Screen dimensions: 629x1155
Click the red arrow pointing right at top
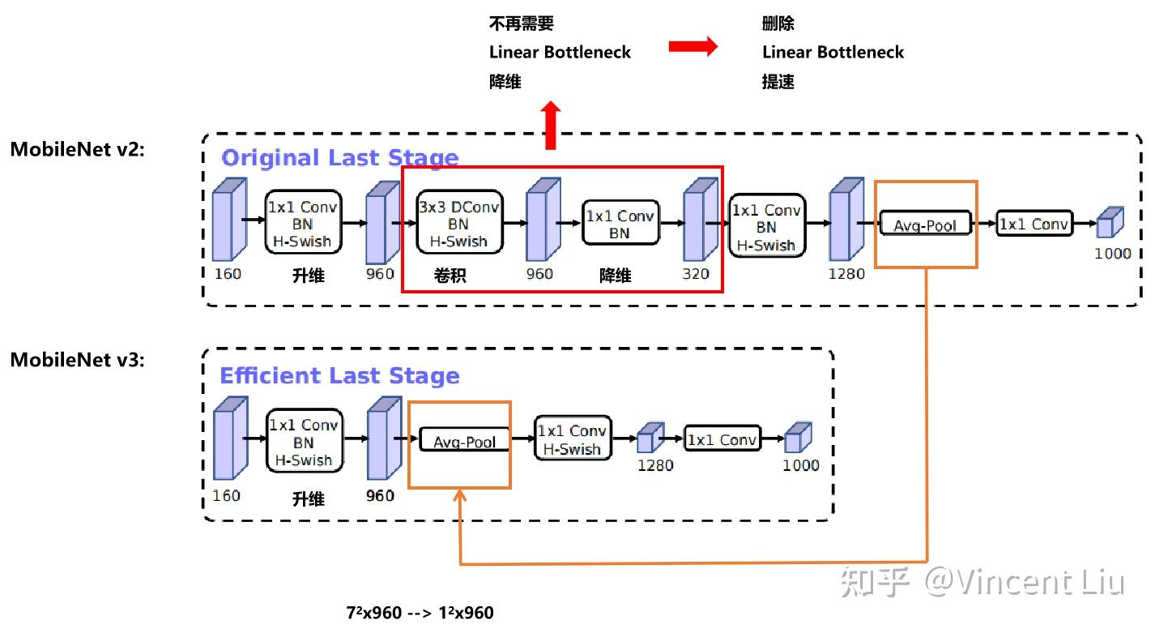tap(693, 47)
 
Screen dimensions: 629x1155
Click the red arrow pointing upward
tap(551, 125)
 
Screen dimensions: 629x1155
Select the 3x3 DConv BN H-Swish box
tap(458, 223)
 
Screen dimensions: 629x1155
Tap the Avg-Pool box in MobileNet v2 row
tap(925, 225)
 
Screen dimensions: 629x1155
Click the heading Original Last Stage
tap(339, 157)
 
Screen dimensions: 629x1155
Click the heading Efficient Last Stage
tap(339, 376)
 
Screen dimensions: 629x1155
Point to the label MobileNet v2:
tap(77, 148)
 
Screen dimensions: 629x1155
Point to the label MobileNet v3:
tap(77, 359)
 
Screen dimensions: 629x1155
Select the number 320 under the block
tap(695, 274)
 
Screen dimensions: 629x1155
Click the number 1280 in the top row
tap(846, 274)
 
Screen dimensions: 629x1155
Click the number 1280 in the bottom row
tap(655, 465)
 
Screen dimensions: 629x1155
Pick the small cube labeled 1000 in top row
tap(1110, 223)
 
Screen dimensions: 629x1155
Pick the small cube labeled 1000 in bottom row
tap(797, 438)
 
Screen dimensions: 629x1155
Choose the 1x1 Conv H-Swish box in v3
tap(572, 439)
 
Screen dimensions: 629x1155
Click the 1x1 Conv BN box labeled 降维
tap(620, 225)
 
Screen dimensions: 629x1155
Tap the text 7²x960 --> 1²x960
tap(420, 613)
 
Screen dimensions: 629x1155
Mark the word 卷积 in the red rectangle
tap(450, 276)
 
